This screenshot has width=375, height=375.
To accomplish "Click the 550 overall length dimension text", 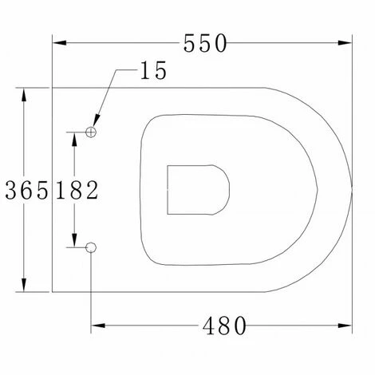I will (x=206, y=44).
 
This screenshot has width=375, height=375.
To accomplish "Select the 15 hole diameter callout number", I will (x=152, y=72).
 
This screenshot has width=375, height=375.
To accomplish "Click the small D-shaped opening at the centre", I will (x=198, y=190).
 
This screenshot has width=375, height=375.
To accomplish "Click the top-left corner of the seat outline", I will (x=53, y=86).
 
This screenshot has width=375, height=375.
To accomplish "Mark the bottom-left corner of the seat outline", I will (x=53, y=293).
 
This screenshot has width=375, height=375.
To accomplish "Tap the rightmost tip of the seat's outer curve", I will (x=353, y=189).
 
